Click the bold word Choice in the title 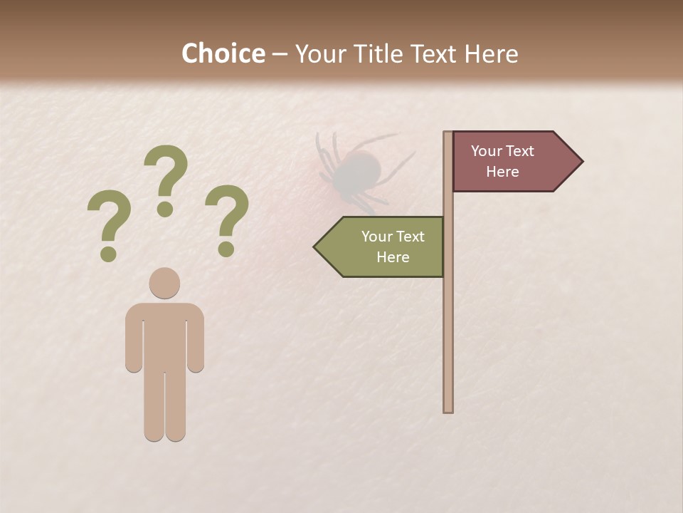pos(223,53)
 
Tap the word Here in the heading pos(491,53)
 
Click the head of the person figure pos(164,283)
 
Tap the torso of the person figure pos(164,335)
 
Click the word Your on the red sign pos(487,151)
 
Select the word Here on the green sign pos(393,257)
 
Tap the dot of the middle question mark pos(165,209)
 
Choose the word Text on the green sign pos(410,237)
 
